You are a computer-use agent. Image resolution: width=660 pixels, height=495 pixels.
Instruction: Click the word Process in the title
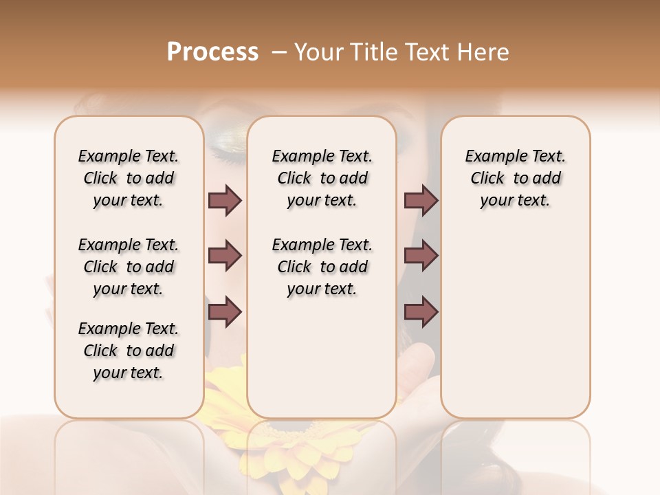(x=212, y=52)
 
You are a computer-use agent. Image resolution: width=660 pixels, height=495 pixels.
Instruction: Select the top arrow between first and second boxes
(x=225, y=200)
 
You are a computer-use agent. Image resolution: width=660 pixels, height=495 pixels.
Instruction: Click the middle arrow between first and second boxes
(x=225, y=256)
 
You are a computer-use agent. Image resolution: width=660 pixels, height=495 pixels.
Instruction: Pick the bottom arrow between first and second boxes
(x=225, y=312)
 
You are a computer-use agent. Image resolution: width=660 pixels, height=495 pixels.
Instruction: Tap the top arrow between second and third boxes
(x=421, y=200)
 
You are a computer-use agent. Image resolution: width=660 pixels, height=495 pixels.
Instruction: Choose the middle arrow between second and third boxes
(x=421, y=256)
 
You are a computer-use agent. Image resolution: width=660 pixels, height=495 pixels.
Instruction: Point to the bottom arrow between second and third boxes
(x=421, y=312)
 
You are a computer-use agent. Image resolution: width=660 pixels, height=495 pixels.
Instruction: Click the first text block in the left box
(x=129, y=178)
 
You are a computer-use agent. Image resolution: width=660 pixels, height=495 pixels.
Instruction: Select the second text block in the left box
(x=129, y=267)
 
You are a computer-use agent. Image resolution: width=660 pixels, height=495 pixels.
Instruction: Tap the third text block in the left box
(x=129, y=351)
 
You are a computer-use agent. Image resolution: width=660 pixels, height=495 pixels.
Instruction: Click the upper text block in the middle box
(x=322, y=178)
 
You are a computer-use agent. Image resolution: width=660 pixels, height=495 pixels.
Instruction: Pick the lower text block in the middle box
(x=322, y=267)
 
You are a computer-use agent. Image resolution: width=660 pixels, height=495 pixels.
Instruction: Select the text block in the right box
(x=516, y=178)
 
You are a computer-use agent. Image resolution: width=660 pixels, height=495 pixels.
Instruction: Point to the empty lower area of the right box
(x=516, y=330)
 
